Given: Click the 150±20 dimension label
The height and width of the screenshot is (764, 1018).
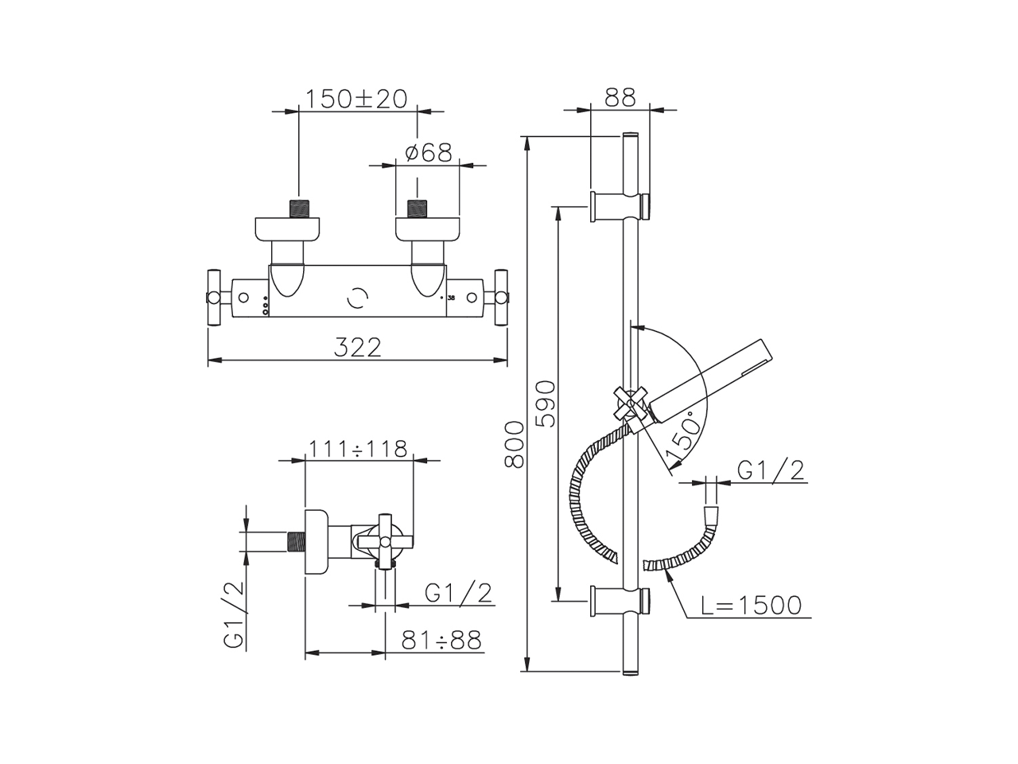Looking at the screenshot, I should [356, 99].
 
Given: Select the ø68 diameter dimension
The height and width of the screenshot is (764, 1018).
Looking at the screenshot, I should [428, 152].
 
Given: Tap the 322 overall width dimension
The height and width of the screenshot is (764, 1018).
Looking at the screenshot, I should [357, 347].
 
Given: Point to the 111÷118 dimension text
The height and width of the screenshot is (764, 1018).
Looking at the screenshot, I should [358, 449].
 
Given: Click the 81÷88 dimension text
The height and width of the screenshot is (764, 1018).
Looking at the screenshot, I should [441, 640].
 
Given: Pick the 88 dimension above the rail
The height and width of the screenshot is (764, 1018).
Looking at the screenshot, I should [620, 97].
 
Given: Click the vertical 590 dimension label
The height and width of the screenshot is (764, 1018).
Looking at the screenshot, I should [547, 404].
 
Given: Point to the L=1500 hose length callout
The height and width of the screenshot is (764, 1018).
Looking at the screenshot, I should [752, 606].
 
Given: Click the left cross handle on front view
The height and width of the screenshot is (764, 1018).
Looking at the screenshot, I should [214, 298].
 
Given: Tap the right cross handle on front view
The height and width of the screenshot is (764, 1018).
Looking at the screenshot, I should [501, 298].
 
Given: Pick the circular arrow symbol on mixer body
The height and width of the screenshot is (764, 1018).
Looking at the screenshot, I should [359, 299].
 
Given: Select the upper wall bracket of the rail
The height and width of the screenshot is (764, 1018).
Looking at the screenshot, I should [621, 205].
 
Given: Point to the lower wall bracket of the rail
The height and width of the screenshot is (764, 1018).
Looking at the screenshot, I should [621, 600].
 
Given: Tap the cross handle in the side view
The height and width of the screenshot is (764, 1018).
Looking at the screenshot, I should [386, 542].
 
